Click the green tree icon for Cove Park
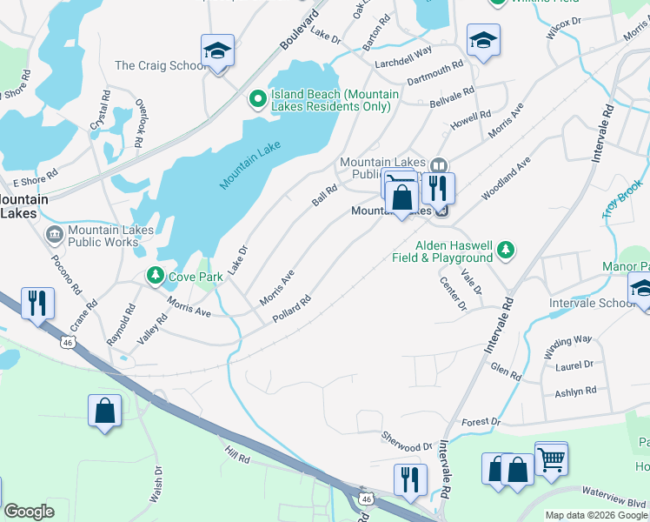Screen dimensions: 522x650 (155, 276)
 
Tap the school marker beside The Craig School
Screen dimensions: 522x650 (217, 50)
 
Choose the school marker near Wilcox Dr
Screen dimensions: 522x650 (482, 40)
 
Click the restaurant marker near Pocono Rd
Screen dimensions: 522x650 (36, 303)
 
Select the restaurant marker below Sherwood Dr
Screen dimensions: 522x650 (409, 479)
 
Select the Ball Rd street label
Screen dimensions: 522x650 (324, 196)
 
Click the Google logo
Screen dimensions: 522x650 (29, 512)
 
